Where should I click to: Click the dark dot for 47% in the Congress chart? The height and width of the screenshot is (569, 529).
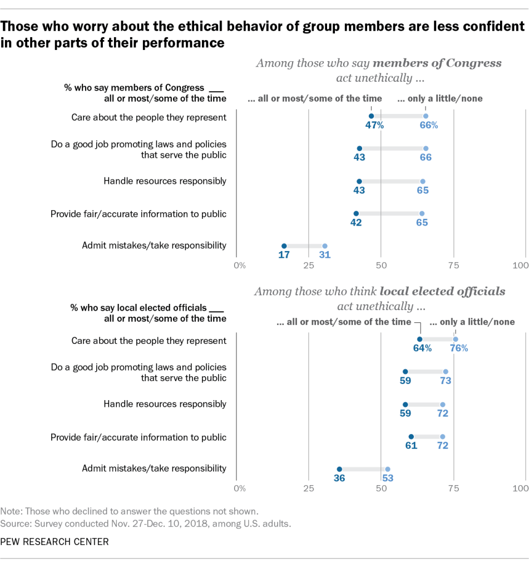[x=372, y=116]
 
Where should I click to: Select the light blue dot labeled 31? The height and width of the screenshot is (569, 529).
[x=325, y=246]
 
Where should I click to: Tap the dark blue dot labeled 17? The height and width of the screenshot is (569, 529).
[x=284, y=246]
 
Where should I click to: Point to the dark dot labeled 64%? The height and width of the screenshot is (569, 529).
[x=419, y=340]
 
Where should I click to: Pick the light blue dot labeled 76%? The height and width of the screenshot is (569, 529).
[x=456, y=340]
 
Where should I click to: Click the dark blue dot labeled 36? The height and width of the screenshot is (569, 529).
[x=339, y=470]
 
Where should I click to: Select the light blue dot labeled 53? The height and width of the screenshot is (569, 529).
[x=388, y=470]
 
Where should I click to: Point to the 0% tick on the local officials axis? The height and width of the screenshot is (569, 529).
[x=240, y=489]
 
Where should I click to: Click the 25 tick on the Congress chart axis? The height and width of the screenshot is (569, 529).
[x=309, y=266]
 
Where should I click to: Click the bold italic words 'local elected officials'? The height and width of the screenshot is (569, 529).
[x=443, y=291]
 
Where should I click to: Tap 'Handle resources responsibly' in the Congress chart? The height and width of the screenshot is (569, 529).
[x=165, y=181]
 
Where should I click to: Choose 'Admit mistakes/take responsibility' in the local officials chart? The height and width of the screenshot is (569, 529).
[x=154, y=468]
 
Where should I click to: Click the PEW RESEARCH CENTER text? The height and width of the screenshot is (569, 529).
[x=55, y=541]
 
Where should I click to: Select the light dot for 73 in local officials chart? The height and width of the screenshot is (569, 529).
[x=446, y=372]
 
